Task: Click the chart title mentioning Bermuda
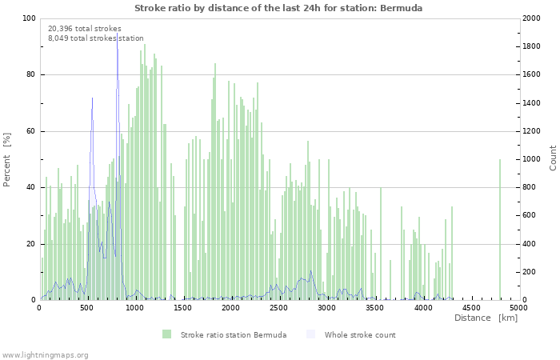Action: coord(278,8)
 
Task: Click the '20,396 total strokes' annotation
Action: coord(85,29)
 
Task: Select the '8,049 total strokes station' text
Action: coord(96,38)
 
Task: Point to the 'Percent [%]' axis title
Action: coord(8,159)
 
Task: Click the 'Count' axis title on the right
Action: coord(552,158)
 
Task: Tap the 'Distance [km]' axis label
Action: coord(486,318)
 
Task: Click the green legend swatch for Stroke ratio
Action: coord(166,334)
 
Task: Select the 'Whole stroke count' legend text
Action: coord(360,334)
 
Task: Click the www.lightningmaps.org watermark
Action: coord(45,354)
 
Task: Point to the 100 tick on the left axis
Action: coord(29,18)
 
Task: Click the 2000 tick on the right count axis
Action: coord(533,18)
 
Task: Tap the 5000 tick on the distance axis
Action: coord(518,307)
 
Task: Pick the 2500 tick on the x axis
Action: coord(279,307)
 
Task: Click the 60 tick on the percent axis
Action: coord(30,131)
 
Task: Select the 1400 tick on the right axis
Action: coord(533,103)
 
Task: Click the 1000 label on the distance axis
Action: coord(135,307)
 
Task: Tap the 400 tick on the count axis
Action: coord(530,244)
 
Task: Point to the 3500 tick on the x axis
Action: coord(375,307)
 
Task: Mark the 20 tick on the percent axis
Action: coord(30,244)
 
